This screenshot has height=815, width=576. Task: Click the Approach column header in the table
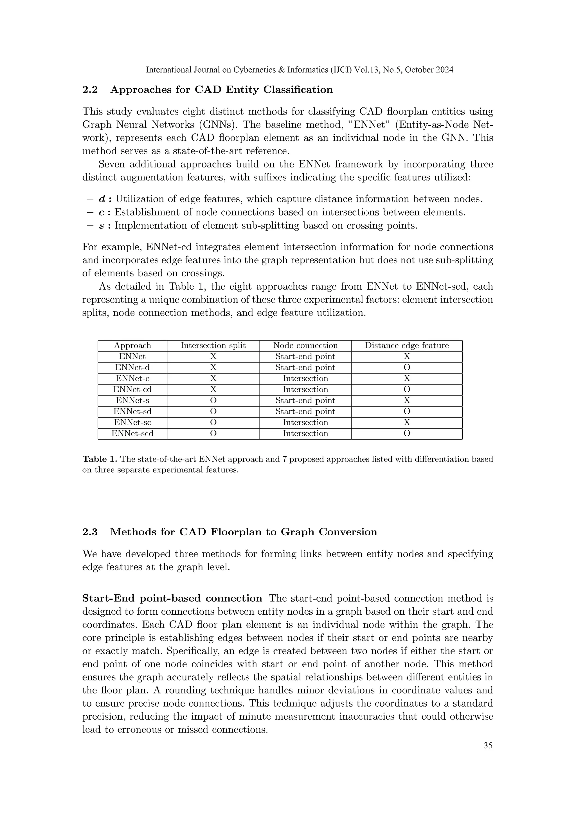tap(132, 345)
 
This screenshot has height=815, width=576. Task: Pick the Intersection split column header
tap(213, 345)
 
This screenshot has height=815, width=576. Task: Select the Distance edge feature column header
tap(407, 345)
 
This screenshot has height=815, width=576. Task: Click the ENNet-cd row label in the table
tap(132, 389)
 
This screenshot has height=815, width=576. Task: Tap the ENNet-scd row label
tap(132, 433)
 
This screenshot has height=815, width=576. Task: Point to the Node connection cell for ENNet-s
tap(305, 400)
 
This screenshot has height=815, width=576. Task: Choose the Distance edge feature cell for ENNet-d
tap(407, 367)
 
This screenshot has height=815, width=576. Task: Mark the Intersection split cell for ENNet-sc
tap(213, 422)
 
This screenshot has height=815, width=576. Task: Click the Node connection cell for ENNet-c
tap(305, 379)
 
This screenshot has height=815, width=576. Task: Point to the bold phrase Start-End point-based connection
tap(172, 599)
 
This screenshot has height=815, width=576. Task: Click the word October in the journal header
tap(417, 70)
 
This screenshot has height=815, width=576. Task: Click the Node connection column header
tap(305, 345)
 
